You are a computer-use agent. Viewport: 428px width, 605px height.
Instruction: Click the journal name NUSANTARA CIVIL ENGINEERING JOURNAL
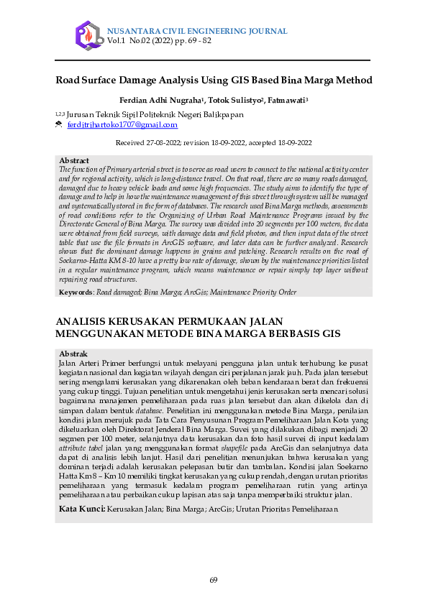(x=197, y=31)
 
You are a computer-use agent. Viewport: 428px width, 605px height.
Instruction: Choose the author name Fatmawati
(x=288, y=100)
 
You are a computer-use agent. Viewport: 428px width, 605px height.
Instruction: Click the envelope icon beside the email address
(x=59, y=125)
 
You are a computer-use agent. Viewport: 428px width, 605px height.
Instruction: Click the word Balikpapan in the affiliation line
(x=224, y=114)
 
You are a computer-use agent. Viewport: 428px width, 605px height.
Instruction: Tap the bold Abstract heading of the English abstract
(x=74, y=160)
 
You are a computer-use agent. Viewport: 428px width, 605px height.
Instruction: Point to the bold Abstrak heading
(x=73, y=354)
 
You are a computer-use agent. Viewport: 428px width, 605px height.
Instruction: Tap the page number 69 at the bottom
(x=214, y=581)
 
